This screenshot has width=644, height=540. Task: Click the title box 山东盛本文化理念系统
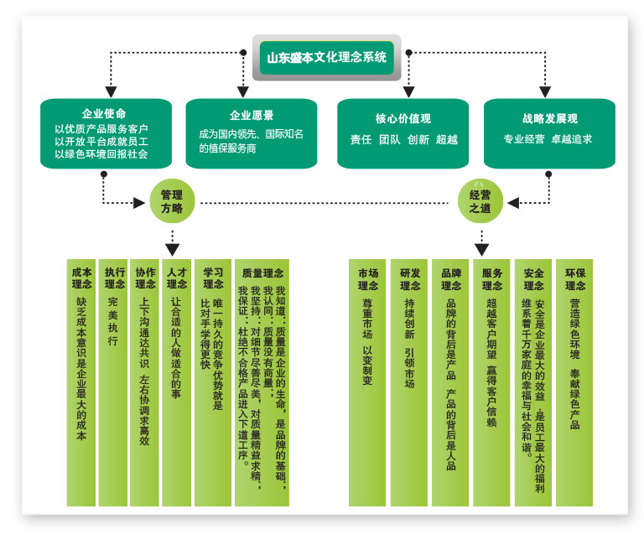tap(326, 58)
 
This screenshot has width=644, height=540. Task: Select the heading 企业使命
tap(104, 113)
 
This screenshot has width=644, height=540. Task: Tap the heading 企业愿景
tap(252, 115)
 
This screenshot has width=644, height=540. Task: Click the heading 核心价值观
tap(402, 119)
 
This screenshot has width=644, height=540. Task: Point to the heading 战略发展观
tap(550, 119)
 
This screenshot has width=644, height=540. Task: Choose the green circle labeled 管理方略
tap(172, 201)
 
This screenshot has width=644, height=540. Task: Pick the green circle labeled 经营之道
tap(480, 201)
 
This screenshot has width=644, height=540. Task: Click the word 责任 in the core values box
tap(361, 140)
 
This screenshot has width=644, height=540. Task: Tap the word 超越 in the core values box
tap(447, 140)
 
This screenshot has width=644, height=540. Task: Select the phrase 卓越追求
tap(572, 139)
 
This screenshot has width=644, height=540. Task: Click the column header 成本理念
tap(81, 278)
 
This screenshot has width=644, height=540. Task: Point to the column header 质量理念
tap(262, 273)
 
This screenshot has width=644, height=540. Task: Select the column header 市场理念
tap(368, 279)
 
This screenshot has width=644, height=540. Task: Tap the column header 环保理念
tap(575, 279)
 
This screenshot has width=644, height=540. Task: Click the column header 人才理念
tap(177, 278)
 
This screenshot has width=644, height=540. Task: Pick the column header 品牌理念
tap(451, 279)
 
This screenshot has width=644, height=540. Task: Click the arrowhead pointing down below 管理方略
tap(172, 250)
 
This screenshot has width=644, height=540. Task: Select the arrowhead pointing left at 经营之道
tap(513, 203)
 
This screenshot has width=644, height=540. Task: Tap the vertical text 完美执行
tap(113, 321)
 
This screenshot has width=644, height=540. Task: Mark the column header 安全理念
tap(533, 279)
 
